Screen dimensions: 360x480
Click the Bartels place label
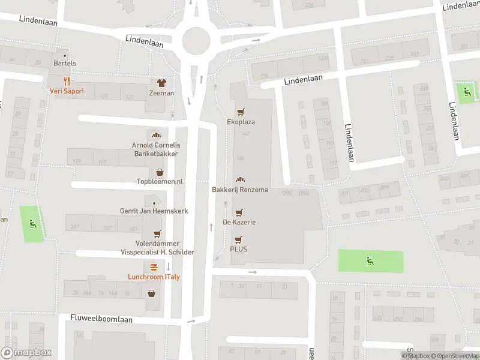(65, 63)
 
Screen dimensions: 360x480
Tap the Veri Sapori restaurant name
(67, 91)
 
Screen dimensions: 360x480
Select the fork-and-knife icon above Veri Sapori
(67, 82)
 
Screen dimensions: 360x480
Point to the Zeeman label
(161, 93)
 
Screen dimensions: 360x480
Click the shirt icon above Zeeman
(161, 83)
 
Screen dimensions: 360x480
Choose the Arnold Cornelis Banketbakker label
(156, 149)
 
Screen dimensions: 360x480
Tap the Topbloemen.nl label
(160, 181)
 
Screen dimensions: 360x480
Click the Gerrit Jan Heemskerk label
(154, 211)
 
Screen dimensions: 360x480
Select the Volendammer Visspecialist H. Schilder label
(157, 248)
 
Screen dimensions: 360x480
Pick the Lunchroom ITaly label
(154, 277)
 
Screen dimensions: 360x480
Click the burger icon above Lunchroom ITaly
(154, 267)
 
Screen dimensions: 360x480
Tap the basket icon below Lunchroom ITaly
(151, 293)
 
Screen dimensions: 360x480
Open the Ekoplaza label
(241, 122)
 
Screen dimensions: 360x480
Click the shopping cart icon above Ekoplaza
(241, 112)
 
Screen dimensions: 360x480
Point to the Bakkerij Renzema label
(240, 190)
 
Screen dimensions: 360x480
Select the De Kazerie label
(239, 222)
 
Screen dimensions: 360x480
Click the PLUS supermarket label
(238, 249)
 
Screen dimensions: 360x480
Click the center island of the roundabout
(197, 41)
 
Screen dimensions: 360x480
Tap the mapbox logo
(26, 353)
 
